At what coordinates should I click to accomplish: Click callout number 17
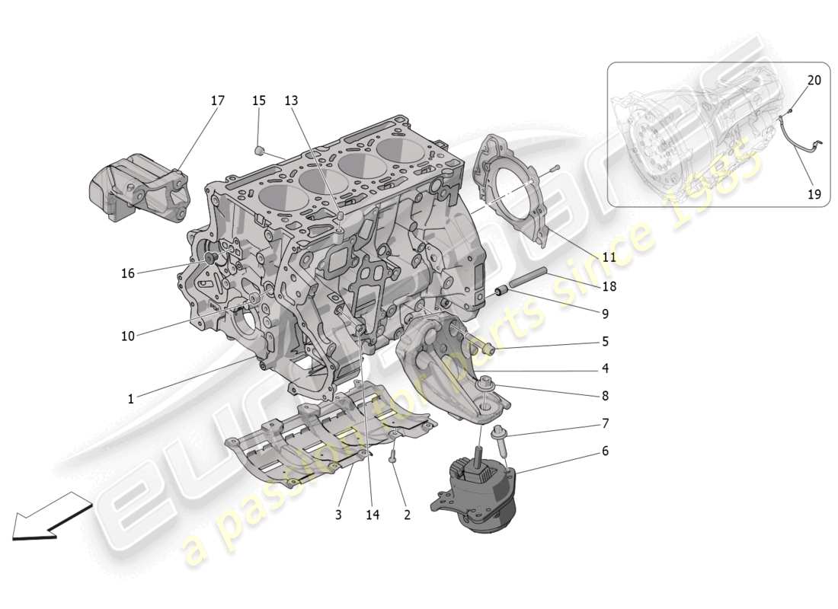point(218,100)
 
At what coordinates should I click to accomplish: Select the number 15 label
point(259,100)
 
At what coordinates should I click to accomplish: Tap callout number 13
point(292,100)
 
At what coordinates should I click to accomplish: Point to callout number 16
point(127,273)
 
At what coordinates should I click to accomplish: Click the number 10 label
point(127,336)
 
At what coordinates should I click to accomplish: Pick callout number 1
point(130,398)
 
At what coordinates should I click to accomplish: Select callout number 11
point(609,257)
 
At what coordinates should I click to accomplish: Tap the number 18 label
point(609,286)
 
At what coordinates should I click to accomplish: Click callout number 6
point(605,451)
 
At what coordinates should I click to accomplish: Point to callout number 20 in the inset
point(814,80)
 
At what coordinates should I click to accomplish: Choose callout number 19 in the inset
point(814,194)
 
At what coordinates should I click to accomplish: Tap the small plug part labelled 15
point(259,148)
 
